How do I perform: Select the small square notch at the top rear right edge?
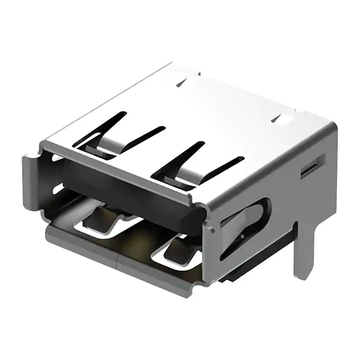tap(281, 118)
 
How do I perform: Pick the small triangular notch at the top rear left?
tap(181, 83)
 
